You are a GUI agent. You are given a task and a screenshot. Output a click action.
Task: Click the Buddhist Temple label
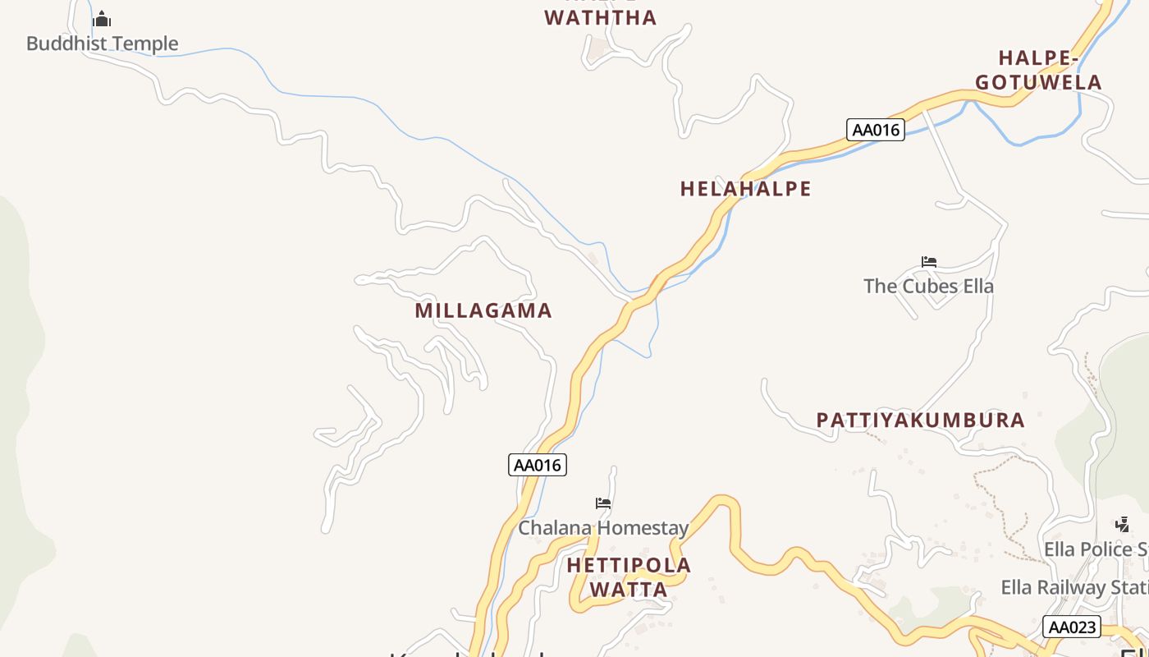pyautogui.click(x=102, y=44)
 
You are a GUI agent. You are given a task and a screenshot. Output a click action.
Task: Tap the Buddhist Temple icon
pyautogui.click(x=102, y=19)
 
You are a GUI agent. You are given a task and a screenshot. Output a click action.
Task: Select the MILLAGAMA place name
pyautogui.click(x=483, y=310)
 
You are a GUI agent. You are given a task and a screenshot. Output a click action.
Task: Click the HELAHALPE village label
pyautogui.click(x=745, y=189)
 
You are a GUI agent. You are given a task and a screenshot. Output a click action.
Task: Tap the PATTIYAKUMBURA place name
pyautogui.click(x=920, y=420)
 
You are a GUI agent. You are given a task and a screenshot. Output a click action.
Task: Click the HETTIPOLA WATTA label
pyautogui.click(x=629, y=577)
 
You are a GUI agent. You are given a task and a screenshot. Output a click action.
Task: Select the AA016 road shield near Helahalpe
pyautogui.click(x=875, y=130)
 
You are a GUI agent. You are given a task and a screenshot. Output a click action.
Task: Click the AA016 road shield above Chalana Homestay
pyautogui.click(x=537, y=465)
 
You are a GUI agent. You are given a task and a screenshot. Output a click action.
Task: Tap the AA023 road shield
pyautogui.click(x=1072, y=627)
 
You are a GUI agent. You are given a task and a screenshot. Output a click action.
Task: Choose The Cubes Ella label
pyautogui.click(x=928, y=287)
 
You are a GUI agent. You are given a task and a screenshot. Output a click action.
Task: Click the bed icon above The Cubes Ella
pyautogui.click(x=929, y=263)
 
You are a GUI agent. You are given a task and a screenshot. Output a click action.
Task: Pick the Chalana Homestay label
pyautogui.click(x=603, y=527)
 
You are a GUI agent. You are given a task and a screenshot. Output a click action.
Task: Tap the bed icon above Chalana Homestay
pyautogui.click(x=603, y=503)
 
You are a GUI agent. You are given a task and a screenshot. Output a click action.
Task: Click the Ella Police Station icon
pyautogui.click(x=1122, y=524)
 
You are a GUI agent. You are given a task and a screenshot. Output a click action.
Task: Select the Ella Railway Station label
pyautogui.click(x=1074, y=588)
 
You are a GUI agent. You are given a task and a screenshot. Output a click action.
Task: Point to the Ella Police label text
pyautogui.click(x=1095, y=549)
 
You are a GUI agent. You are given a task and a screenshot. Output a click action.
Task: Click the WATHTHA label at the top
pyautogui.click(x=601, y=18)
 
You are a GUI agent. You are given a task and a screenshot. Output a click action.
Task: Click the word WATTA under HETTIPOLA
pyautogui.click(x=629, y=590)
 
